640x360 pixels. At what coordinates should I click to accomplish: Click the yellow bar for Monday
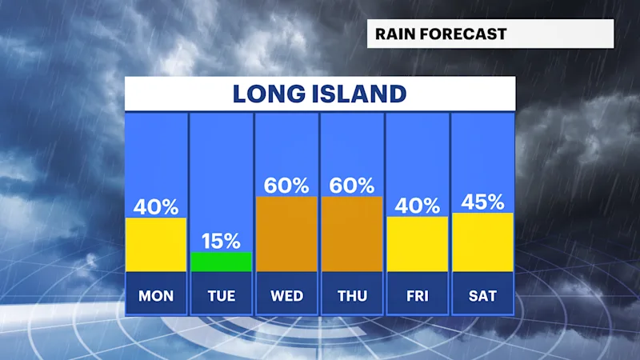[x=156, y=245]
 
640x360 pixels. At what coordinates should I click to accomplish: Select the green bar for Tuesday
[x=222, y=262]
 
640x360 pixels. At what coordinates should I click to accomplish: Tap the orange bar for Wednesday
[x=286, y=234]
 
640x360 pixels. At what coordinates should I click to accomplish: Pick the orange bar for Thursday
[x=352, y=234]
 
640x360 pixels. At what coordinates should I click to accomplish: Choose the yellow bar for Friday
[x=417, y=244]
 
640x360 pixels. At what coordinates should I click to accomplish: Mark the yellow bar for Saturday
[x=482, y=242]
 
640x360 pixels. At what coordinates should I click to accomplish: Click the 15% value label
[x=222, y=241]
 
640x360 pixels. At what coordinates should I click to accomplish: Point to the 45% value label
[x=482, y=202]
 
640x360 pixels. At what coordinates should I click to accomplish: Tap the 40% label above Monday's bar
[x=156, y=207]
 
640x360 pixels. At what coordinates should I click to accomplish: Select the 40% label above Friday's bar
[x=417, y=206]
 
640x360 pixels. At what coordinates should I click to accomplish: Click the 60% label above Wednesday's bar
[x=286, y=186]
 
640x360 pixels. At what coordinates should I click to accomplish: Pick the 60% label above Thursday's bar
[x=352, y=186]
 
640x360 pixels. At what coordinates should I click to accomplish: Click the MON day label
[x=156, y=296]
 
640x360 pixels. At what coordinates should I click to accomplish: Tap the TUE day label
[x=222, y=296]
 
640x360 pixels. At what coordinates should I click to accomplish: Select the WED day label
[x=286, y=296]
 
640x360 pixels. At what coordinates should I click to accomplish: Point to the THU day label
[x=352, y=296]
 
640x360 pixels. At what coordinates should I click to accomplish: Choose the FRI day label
[x=417, y=296]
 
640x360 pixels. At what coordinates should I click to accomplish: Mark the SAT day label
[x=482, y=296]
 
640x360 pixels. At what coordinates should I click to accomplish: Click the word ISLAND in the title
[x=359, y=94]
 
